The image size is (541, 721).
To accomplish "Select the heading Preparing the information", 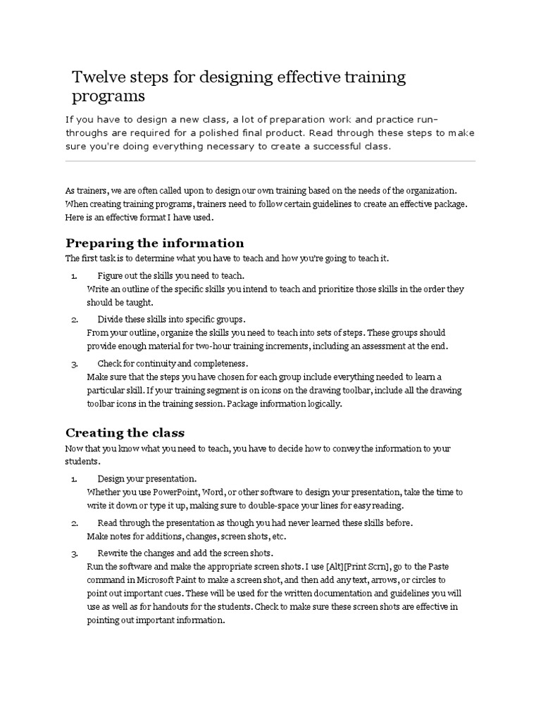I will pos(154,243).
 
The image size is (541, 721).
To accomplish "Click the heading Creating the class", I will pos(125,432).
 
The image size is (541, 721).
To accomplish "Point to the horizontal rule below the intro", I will pos(270,161).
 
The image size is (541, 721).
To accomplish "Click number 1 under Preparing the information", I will pos(75,275).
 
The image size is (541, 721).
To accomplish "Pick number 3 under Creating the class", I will pos(75,553).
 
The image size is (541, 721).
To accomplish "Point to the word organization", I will pos(430,191).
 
